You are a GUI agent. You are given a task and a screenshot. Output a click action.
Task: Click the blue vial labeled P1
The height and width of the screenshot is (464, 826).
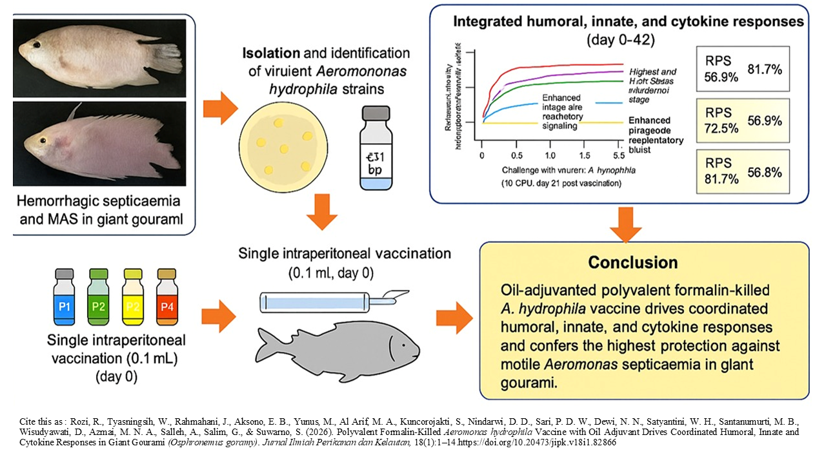(65, 300)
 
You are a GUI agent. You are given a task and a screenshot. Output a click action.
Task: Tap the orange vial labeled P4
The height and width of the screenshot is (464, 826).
(166, 300)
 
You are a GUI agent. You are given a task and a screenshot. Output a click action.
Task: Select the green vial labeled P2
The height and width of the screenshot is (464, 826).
(98, 300)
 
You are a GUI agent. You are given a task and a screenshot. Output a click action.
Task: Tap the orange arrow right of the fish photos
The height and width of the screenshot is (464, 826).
(220, 108)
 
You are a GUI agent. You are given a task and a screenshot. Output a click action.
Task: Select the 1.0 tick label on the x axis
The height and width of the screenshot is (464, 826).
(550, 157)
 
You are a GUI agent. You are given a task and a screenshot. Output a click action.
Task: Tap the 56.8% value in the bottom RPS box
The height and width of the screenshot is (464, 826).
(765, 172)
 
